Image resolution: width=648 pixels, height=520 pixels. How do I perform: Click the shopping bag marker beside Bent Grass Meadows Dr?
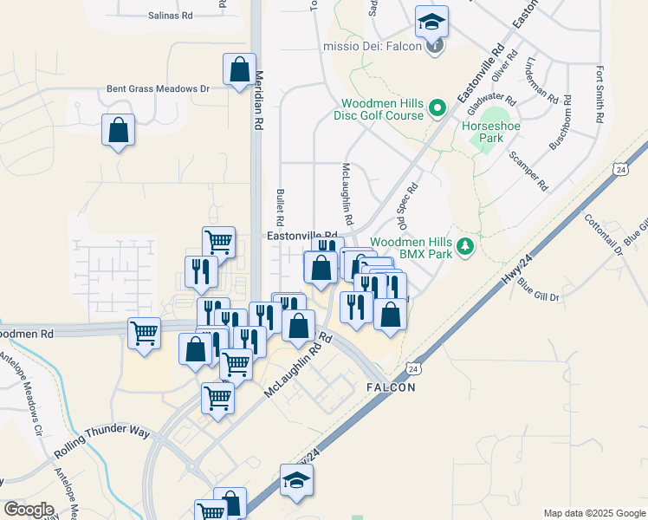238,71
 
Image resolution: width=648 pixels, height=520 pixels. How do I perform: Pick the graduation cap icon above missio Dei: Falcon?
431,22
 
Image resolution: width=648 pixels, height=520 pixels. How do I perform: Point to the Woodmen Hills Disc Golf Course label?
381,109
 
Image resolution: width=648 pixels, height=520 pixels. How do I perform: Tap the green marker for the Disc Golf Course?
437,108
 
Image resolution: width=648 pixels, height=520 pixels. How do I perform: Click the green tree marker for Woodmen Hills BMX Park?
466,247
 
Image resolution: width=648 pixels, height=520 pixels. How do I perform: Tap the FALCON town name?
391,387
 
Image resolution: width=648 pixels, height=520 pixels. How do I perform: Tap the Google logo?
29,510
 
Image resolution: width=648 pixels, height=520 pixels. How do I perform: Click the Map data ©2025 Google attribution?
593,513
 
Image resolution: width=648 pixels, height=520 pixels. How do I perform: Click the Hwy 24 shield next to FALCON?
413,368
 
